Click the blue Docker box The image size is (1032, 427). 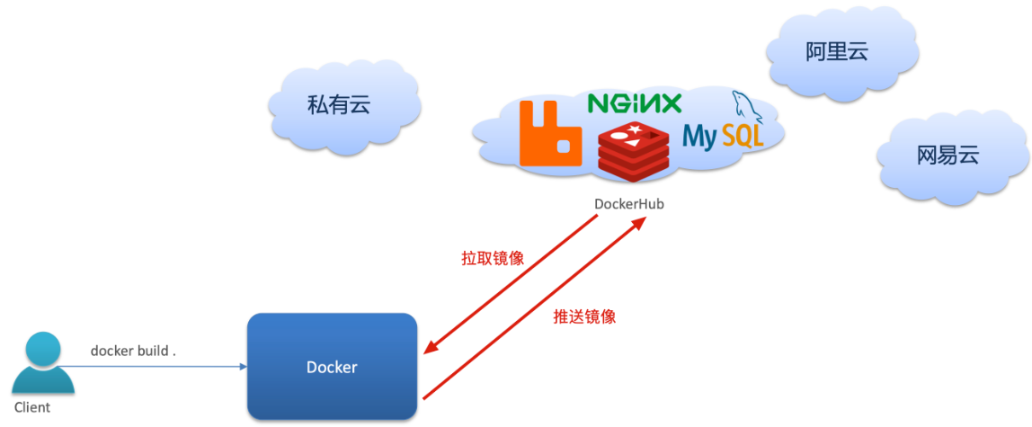click(332, 367)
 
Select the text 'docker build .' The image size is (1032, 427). click(133, 351)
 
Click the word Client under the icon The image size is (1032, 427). click(32, 407)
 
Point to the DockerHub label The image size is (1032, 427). click(628, 204)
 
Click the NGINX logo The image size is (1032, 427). click(635, 103)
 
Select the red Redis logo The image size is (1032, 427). click(633, 149)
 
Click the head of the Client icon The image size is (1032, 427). click(42, 348)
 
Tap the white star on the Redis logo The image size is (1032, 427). click(634, 131)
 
